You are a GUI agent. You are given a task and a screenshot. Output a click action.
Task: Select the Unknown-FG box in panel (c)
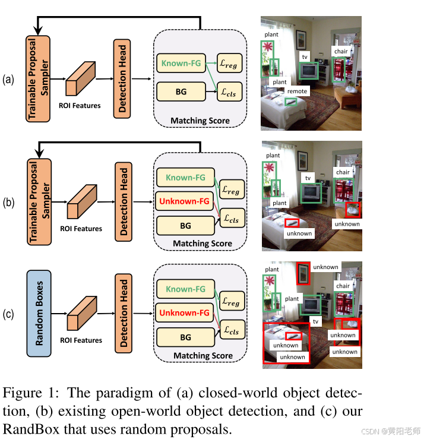pos(185,312)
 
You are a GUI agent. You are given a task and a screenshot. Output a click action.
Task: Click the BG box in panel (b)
pos(185,226)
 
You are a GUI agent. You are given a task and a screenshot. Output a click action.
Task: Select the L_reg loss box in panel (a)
pos(230,64)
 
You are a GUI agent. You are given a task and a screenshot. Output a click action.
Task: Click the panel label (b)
pos(9,202)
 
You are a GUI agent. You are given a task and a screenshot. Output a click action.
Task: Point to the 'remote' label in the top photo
pos(296,91)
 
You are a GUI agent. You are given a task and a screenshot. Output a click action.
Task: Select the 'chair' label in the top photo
pos(340,51)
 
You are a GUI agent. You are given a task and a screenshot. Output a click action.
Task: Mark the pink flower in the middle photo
pos(271,168)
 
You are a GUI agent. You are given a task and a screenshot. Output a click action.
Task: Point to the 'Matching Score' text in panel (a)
pos(200,121)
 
